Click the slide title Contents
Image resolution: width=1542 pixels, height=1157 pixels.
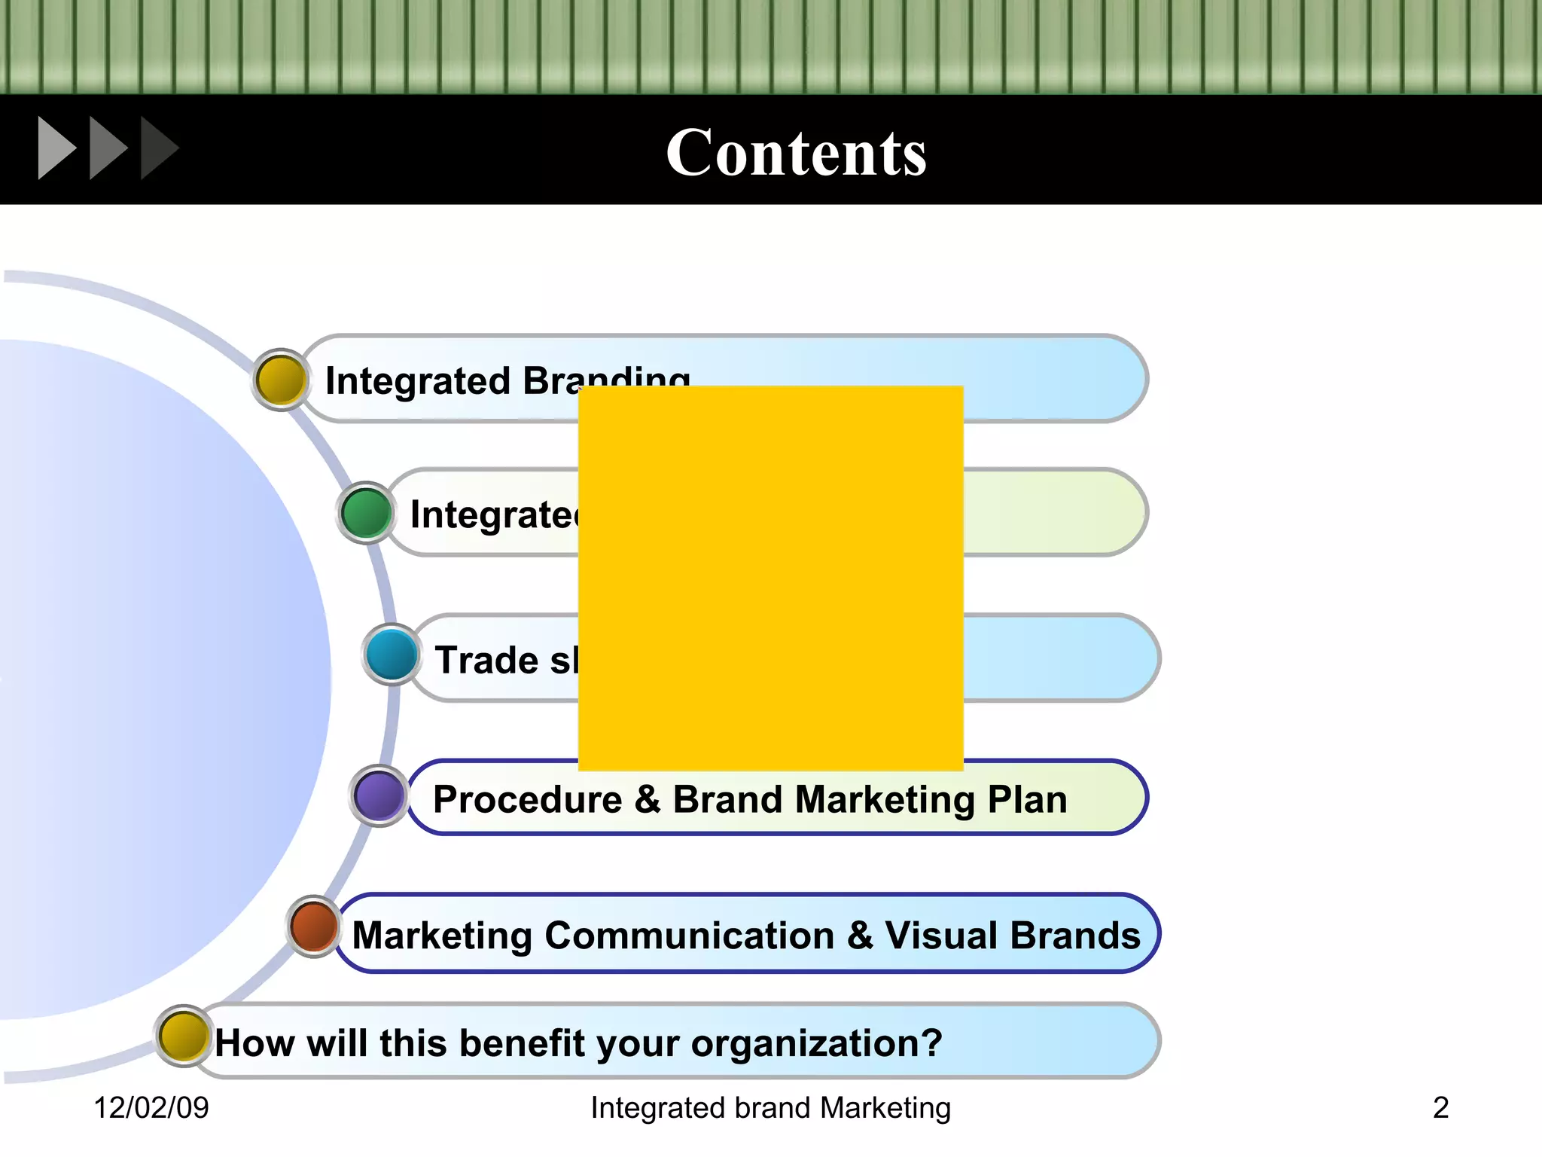coord(796,153)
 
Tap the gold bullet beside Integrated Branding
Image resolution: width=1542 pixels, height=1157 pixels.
coord(280,380)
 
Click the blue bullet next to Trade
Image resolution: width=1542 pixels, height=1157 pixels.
coord(392,655)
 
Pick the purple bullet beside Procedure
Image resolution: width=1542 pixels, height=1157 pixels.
coord(379,795)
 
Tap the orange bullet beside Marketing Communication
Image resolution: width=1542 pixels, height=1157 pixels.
coord(314,927)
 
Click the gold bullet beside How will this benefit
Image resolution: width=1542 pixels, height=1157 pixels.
coord(183,1036)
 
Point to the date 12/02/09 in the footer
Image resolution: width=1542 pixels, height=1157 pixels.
coord(151,1107)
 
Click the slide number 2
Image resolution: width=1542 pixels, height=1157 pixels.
coord(1440,1107)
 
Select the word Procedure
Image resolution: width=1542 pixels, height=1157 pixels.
coord(527,799)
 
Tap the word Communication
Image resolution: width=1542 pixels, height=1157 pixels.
coord(689,936)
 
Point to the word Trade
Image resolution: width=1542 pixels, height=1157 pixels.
coord(486,661)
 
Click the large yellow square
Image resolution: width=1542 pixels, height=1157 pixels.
coord(770,578)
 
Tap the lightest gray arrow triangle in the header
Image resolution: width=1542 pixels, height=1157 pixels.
coord(56,148)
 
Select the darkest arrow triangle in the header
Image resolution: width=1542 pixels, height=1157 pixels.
coord(157,148)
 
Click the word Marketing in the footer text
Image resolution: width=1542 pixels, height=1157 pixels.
coord(885,1108)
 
